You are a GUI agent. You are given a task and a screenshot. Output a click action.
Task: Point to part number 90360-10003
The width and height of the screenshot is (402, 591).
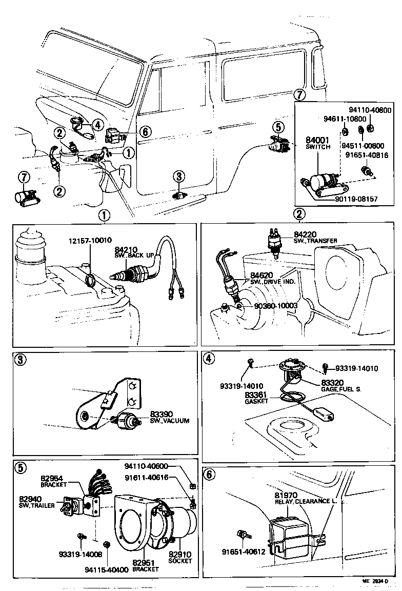[x=275, y=306]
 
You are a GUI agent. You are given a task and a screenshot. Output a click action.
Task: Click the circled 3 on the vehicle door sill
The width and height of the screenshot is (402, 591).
[x=178, y=177]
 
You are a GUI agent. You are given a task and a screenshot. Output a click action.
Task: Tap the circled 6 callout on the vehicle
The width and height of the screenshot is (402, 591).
[x=145, y=132]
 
